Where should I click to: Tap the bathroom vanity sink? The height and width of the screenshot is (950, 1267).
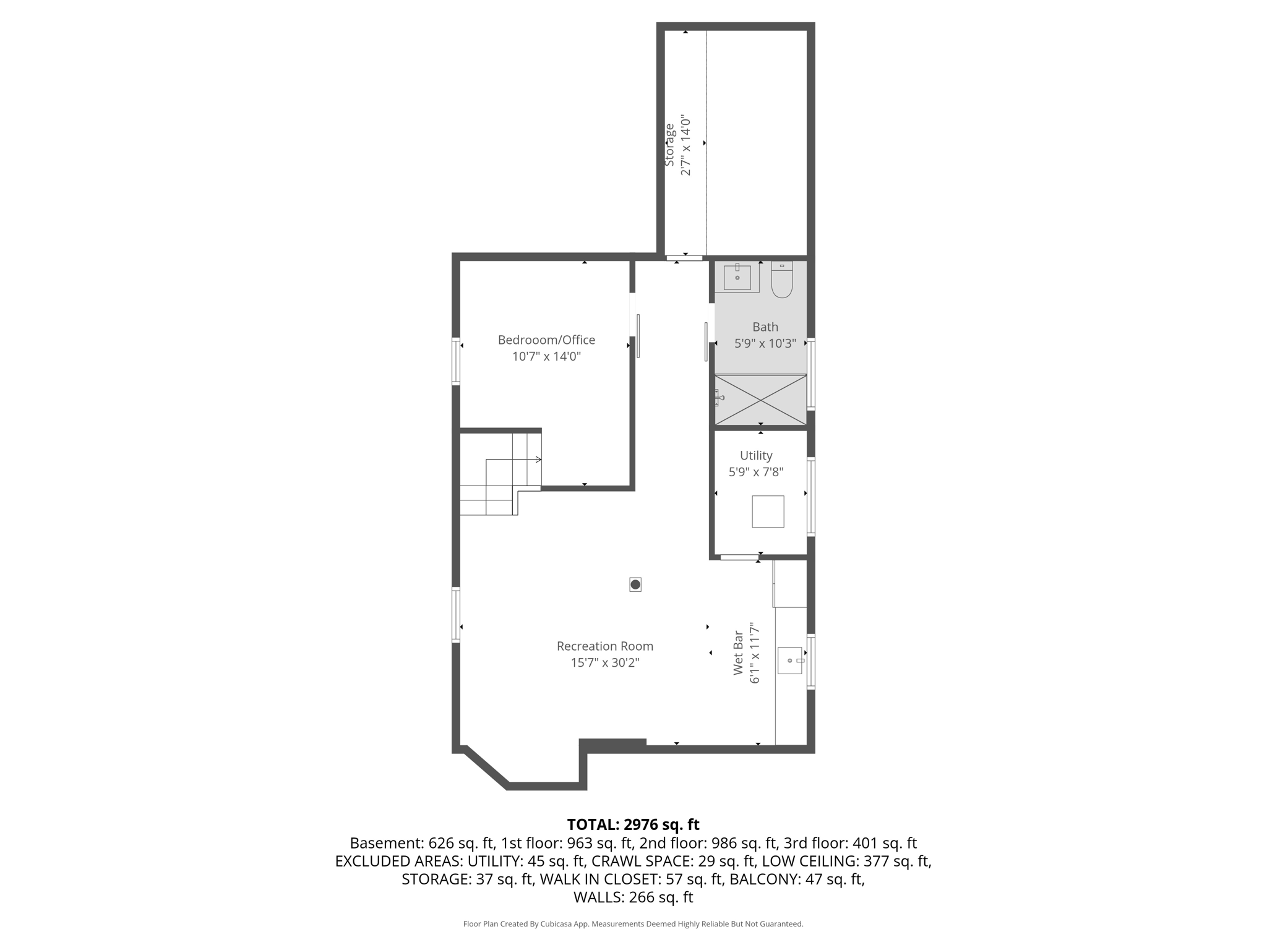737,277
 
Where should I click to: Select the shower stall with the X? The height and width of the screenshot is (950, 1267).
761,400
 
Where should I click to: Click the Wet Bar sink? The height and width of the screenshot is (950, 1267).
790,661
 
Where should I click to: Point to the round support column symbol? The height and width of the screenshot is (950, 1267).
635,584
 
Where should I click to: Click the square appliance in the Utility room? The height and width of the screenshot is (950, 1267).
768,511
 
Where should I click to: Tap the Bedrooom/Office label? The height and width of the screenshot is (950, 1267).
546,340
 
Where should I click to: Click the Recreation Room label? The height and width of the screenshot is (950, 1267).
605,646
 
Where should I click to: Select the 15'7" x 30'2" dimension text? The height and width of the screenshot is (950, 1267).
605,662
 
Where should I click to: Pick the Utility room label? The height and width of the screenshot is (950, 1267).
756,455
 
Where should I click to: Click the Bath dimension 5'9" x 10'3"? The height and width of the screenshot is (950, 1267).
765,343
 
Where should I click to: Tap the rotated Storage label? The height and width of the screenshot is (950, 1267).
669,145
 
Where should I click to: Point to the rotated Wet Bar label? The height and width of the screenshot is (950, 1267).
738,653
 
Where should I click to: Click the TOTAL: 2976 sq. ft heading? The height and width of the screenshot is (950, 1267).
633,824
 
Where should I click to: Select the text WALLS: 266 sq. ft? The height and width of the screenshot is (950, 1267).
633,897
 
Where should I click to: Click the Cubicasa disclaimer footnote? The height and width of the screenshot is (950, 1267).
633,924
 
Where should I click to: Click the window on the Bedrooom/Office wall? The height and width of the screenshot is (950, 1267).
456,362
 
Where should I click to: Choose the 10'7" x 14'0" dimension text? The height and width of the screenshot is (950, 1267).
546,356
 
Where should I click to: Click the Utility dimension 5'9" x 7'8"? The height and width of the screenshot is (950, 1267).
756,472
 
